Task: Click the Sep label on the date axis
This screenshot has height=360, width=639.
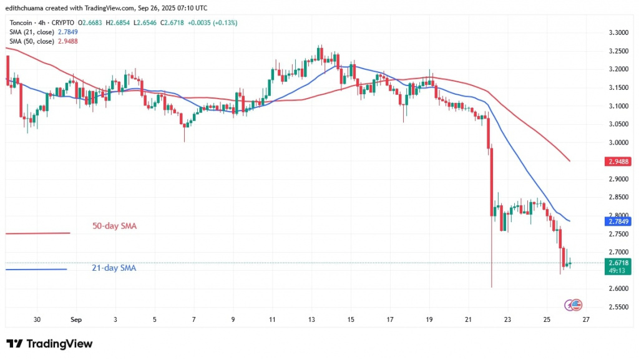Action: click(x=76, y=319)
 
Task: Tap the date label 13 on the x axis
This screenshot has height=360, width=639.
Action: click(x=312, y=319)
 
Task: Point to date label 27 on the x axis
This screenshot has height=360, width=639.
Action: click(x=586, y=319)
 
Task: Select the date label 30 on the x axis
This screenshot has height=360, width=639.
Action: click(x=37, y=319)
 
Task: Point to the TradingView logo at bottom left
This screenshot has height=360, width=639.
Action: click(x=49, y=344)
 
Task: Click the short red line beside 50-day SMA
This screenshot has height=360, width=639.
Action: click(x=37, y=233)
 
